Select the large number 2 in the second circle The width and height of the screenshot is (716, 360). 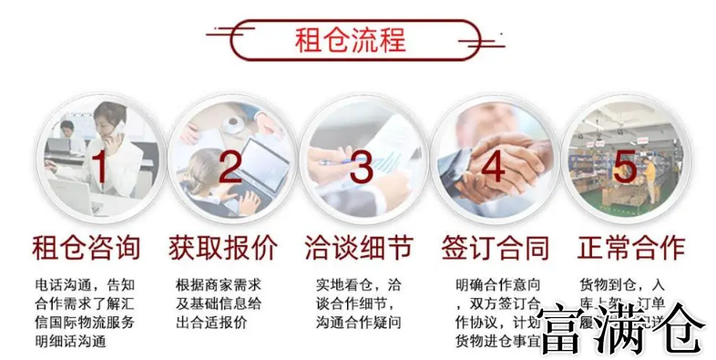[x=230, y=166]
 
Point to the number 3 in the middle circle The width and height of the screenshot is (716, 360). [x=362, y=168]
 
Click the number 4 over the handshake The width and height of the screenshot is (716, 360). [x=493, y=167]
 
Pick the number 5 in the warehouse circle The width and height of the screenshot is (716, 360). [x=624, y=166]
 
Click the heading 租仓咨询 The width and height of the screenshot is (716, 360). [x=87, y=247]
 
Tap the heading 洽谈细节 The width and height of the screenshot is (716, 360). [x=358, y=247]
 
